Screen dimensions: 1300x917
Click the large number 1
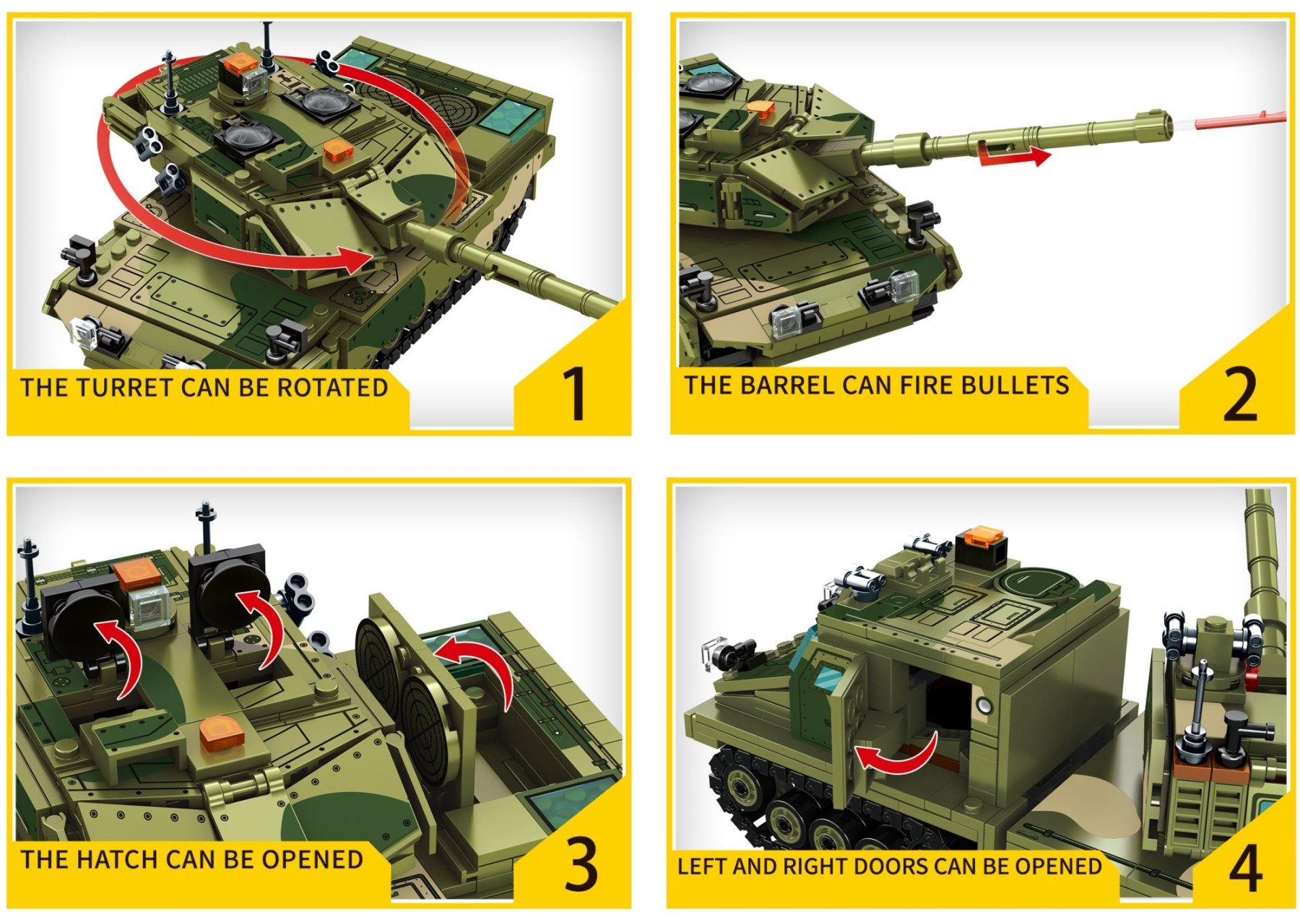(575, 394)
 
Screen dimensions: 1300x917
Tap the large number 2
(1239, 394)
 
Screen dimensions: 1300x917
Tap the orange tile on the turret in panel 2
(760, 109)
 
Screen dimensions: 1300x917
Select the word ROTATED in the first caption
(333, 388)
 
